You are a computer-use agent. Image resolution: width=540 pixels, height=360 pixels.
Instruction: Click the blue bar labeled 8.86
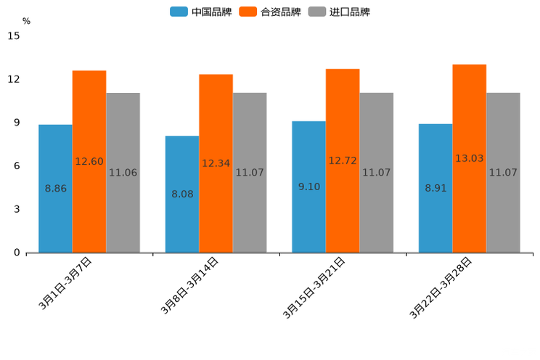pos(55,189)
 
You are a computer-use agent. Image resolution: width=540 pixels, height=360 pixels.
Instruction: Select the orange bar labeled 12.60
pos(89,161)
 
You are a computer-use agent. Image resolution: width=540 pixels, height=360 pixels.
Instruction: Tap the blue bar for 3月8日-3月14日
pos(181,194)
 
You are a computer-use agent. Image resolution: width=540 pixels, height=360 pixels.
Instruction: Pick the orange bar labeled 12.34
pos(216,163)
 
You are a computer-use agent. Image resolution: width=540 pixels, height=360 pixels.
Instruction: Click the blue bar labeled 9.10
pos(308,187)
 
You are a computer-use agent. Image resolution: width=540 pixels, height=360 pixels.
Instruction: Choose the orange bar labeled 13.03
pos(469,158)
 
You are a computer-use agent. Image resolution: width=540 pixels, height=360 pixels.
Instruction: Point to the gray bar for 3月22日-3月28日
pos(503,173)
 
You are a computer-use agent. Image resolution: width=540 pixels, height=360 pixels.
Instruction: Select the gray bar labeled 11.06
pos(123,173)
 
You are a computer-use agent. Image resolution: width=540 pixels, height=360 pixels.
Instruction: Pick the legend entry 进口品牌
pos(339,12)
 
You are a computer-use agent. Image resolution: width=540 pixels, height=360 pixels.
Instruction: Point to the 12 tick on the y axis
pos(15,79)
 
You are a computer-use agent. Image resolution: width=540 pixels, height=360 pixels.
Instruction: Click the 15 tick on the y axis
pos(15,36)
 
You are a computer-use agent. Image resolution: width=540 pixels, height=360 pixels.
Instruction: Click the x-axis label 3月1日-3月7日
pos(65,284)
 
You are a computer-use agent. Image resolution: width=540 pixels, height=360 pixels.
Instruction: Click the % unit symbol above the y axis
pos(26,21)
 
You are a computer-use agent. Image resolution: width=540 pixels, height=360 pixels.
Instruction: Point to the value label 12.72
pos(343,160)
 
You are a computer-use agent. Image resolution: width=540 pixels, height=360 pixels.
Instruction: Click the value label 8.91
pos(435,188)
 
